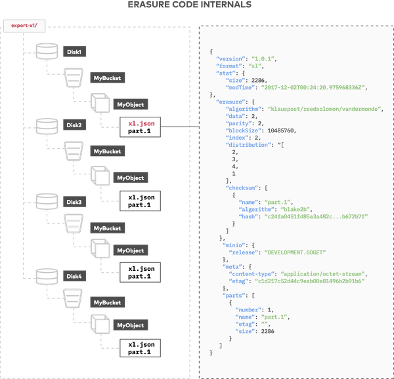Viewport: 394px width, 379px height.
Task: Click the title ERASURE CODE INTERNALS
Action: (x=197, y=6)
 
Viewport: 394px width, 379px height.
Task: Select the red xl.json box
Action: (x=140, y=125)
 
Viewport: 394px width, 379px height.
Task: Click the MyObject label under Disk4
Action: (x=130, y=325)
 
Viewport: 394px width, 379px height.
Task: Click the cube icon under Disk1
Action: (x=99, y=103)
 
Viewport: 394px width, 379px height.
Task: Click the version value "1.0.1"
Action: (x=265, y=59)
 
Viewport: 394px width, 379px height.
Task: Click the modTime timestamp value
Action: (x=313, y=87)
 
